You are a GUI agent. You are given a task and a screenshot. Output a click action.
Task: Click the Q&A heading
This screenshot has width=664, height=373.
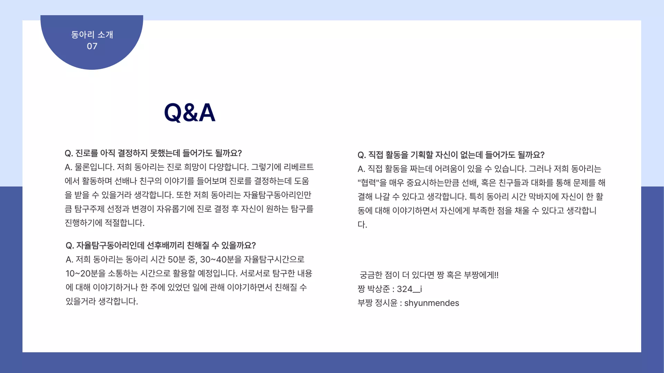190,112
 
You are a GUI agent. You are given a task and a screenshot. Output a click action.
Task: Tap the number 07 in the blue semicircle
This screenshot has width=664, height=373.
92,46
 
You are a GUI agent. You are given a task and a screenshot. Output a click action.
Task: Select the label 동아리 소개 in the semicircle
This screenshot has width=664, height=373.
92,35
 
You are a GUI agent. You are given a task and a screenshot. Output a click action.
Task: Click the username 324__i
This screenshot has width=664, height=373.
409,289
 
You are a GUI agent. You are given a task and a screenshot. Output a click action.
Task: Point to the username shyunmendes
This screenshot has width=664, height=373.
432,303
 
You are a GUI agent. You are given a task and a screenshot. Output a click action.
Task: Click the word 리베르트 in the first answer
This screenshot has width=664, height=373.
298,167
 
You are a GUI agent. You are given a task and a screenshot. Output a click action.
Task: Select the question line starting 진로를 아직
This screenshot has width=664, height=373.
153,153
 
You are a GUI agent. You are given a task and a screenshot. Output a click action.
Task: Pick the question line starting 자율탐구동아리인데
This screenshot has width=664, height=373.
161,245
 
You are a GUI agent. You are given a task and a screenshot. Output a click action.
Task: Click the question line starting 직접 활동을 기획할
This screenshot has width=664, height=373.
451,155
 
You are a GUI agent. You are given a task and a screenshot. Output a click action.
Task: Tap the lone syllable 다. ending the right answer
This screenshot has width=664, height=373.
362,224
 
